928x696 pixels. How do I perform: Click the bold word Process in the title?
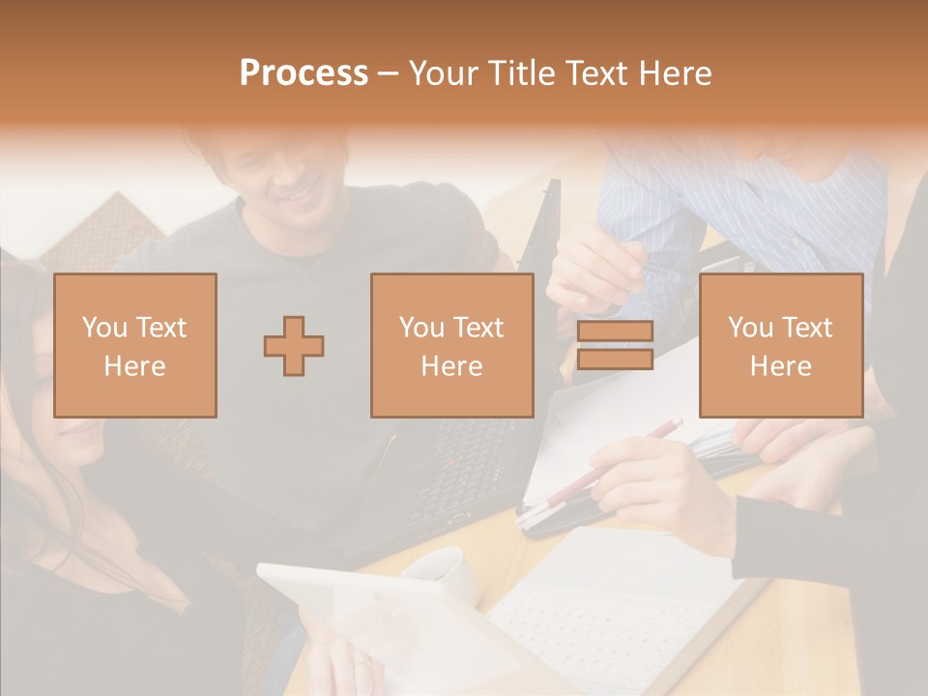click(x=304, y=73)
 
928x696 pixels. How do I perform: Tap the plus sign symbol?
click(x=294, y=345)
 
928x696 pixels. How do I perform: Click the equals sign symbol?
click(x=615, y=345)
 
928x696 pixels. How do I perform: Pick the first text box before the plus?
click(x=134, y=345)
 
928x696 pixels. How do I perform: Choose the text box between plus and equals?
click(x=451, y=345)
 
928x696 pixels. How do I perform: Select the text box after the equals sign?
click(x=780, y=345)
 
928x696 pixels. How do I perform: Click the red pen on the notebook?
click(x=619, y=454)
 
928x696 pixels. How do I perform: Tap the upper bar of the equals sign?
click(x=615, y=331)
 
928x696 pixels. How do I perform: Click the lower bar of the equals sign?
click(x=615, y=359)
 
